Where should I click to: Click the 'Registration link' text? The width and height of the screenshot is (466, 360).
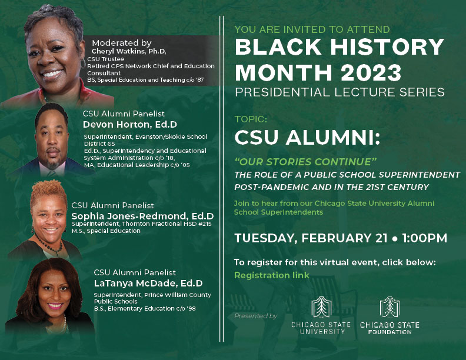pyautogui.click(x=272, y=275)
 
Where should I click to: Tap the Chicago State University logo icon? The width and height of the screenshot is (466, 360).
pyautogui.click(x=321, y=307)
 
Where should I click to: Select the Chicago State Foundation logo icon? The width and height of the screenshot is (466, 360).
pyautogui.click(x=390, y=307)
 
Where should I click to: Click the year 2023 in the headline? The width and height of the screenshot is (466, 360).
pyautogui.click(x=371, y=72)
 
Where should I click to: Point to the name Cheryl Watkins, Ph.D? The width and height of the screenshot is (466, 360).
pyautogui.click(x=129, y=51)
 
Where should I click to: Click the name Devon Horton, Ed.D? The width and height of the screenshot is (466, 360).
pyautogui.click(x=130, y=125)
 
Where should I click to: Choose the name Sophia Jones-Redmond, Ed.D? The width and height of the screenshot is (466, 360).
pyautogui.click(x=142, y=216)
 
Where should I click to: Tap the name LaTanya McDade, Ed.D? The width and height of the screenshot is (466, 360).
pyautogui.click(x=148, y=284)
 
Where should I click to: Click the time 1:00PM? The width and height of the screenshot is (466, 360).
pyautogui.click(x=424, y=238)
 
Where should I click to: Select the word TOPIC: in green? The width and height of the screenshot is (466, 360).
pyautogui.click(x=251, y=119)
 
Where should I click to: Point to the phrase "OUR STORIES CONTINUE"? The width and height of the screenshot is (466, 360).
pyautogui.click(x=305, y=162)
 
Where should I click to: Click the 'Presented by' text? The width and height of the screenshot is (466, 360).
pyautogui.click(x=256, y=316)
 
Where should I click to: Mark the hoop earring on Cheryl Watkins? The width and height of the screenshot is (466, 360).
pyautogui.click(x=83, y=64)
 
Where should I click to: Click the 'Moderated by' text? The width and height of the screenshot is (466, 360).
pyautogui.click(x=122, y=43)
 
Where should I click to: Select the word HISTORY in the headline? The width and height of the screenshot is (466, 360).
pyautogui.click(x=387, y=47)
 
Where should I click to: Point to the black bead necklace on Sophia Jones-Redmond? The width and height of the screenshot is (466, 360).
pyautogui.click(x=49, y=246)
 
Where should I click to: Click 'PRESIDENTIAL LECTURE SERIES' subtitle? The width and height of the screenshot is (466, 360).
pyautogui.click(x=339, y=92)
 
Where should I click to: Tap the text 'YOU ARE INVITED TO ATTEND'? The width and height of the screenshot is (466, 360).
pyautogui.click(x=312, y=29)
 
